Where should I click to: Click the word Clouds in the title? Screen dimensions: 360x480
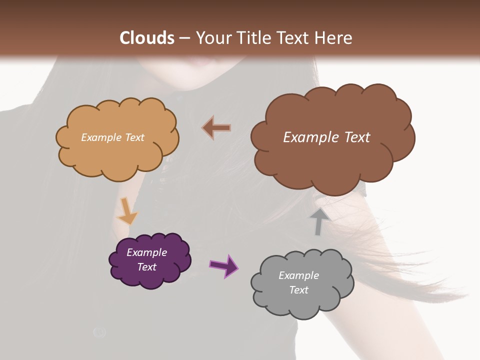(147, 38)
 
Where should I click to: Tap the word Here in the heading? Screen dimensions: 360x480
(333, 38)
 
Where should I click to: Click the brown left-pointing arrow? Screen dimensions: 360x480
(216, 128)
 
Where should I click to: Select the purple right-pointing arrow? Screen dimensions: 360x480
(224, 265)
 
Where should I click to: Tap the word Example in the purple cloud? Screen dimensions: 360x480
(146, 252)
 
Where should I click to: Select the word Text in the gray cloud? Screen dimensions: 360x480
(298, 290)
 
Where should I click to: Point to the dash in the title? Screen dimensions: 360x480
(184, 38)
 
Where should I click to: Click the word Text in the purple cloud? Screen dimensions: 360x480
(146, 267)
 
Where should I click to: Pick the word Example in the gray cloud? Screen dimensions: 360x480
(298, 275)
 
